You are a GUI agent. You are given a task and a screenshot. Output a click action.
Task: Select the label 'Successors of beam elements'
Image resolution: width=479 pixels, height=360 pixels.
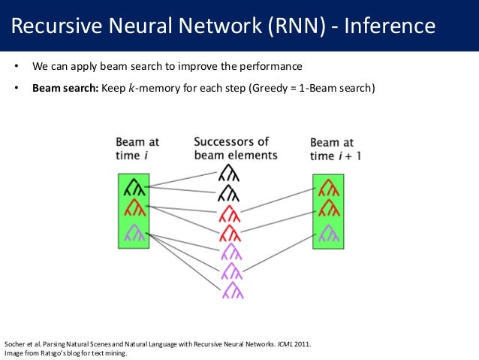tap(235, 148)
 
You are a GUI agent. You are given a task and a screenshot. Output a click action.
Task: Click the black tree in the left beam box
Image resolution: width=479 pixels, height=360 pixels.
tap(133, 186)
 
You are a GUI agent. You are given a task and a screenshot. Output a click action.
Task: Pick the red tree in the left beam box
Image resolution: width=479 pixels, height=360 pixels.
tap(133, 207)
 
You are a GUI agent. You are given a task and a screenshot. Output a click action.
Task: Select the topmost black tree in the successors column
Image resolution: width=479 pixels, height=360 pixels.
tap(229, 176)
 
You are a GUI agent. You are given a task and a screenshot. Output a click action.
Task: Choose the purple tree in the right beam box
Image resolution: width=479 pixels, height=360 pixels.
tap(327, 233)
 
